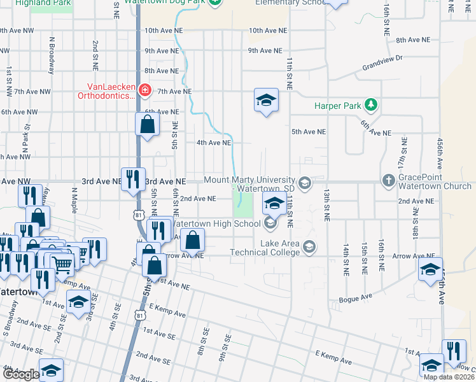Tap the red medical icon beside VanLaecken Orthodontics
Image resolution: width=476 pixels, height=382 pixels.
click(x=145, y=91)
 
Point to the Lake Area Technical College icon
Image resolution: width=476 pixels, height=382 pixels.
click(x=309, y=246)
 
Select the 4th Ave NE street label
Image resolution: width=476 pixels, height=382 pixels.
click(x=213, y=143)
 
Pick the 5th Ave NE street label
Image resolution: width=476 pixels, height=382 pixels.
click(x=309, y=132)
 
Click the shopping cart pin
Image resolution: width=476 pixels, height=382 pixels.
click(x=62, y=264)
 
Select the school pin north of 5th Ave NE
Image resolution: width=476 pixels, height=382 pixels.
click(x=267, y=100)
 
